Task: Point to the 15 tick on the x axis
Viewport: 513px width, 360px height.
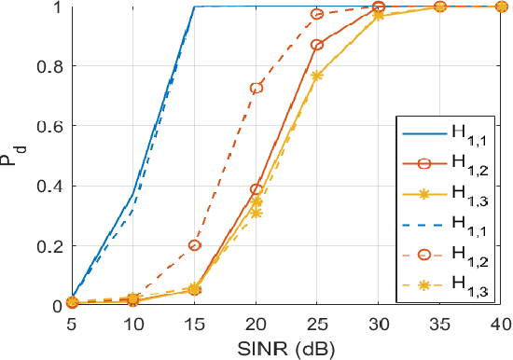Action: click(x=194, y=322)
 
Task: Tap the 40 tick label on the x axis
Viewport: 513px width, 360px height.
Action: click(x=501, y=322)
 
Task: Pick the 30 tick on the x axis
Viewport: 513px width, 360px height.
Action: click(x=378, y=322)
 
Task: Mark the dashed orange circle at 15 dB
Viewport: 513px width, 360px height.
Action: click(x=194, y=245)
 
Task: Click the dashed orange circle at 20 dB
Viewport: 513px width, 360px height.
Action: click(x=256, y=88)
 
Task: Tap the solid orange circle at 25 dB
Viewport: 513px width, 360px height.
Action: click(x=317, y=45)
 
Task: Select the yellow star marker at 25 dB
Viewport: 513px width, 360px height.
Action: click(x=317, y=75)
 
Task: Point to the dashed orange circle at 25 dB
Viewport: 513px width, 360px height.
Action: click(x=317, y=14)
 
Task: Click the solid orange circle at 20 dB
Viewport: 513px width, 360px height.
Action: click(x=256, y=189)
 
